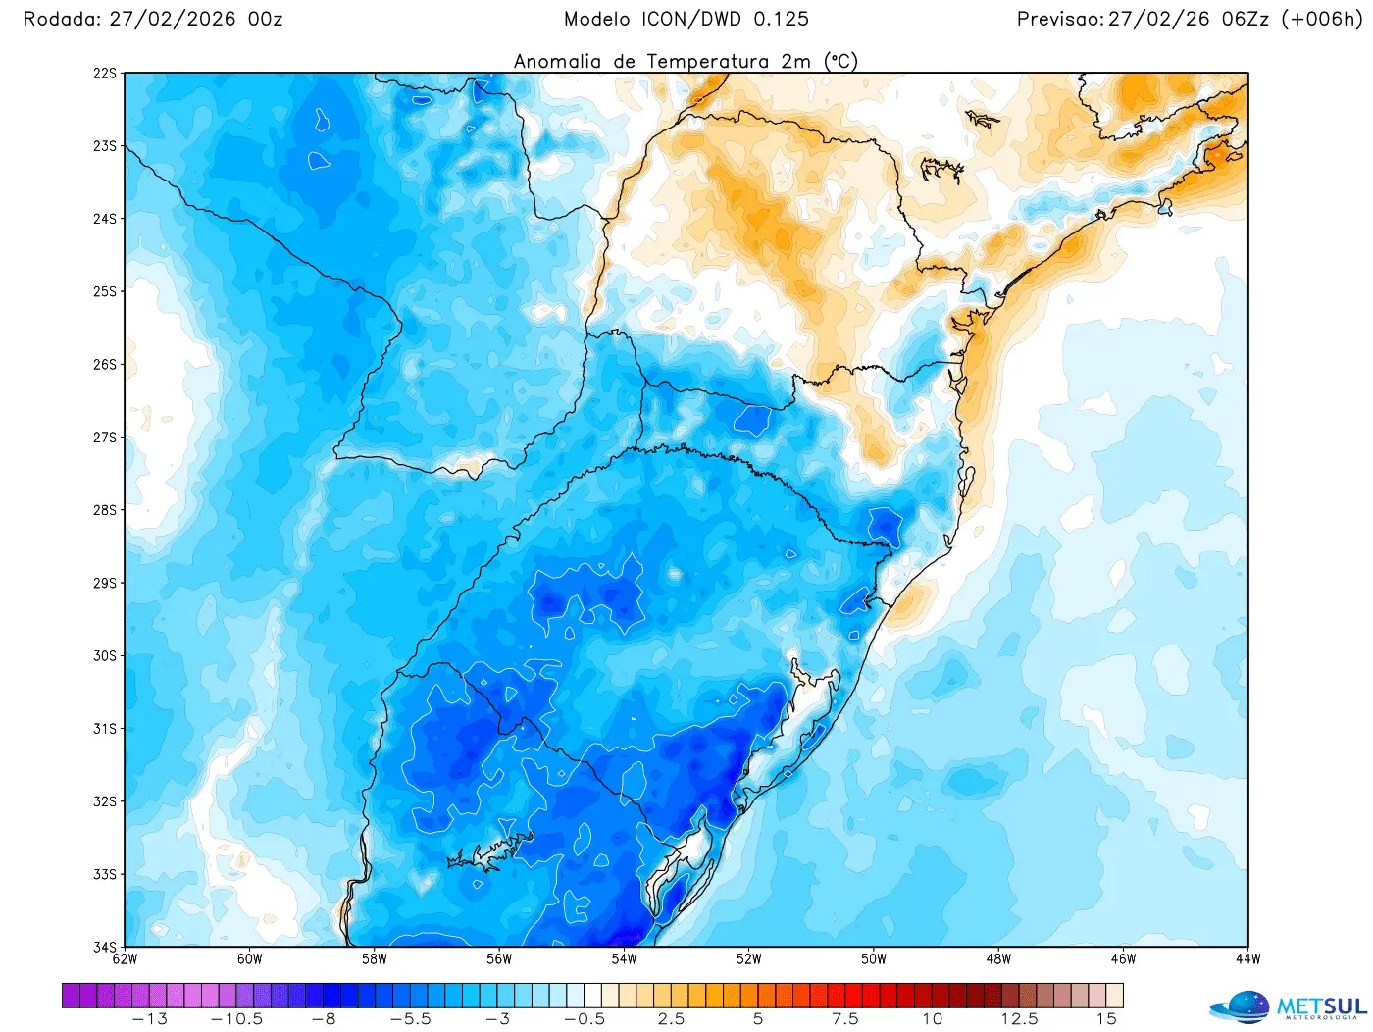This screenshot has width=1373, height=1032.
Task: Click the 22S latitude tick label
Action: click(104, 74)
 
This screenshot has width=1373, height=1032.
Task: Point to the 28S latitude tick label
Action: click(104, 510)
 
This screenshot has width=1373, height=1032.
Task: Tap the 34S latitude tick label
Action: click(104, 947)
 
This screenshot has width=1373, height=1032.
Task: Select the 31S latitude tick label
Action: click(104, 729)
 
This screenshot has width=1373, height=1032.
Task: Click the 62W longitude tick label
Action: click(125, 959)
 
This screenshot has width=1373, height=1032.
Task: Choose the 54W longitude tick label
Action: click(624, 959)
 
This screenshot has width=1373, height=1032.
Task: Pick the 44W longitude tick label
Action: click(1247, 959)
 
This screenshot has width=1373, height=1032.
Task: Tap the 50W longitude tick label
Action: click(873, 959)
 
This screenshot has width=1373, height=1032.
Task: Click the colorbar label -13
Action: click(149, 1019)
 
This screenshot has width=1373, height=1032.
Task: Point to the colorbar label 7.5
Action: click(844, 1019)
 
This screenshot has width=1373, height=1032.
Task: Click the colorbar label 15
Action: click(1106, 1019)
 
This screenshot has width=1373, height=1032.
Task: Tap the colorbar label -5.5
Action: click(410, 1019)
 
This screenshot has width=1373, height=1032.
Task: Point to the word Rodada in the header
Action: click(61, 20)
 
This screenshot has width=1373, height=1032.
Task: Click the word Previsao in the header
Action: click(1059, 20)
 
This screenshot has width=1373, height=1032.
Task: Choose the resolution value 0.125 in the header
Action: click(781, 20)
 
